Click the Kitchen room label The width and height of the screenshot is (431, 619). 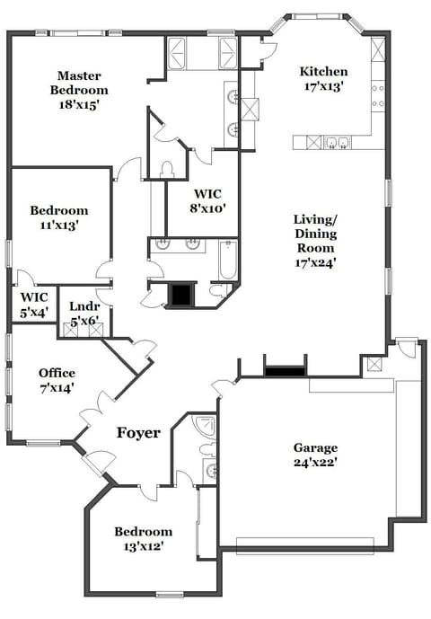tap(323, 72)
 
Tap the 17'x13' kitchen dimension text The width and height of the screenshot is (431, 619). tap(323, 87)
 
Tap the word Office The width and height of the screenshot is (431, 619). tap(57, 373)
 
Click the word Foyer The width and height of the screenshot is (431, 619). tap(138, 433)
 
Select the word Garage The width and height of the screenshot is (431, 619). tap(315, 447)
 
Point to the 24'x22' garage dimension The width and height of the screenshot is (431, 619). tap(315, 464)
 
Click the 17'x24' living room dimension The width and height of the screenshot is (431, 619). tap(315, 263)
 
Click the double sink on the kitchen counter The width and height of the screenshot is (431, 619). tap(338, 142)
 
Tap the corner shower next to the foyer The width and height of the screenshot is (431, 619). tap(206, 426)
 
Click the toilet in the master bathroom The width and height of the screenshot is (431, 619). tap(167, 170)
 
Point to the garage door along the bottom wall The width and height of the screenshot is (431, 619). tap(305, 542)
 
